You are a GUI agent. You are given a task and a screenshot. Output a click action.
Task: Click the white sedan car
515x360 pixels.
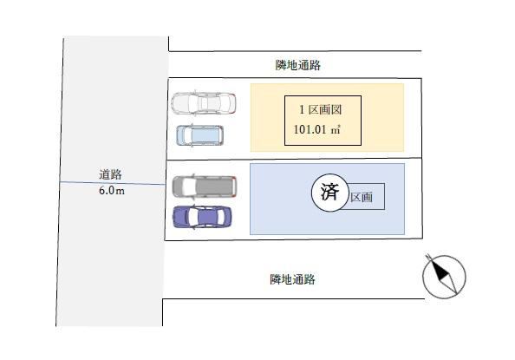coord(203,102)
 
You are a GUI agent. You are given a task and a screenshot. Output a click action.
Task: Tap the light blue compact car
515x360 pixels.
coord(200,135)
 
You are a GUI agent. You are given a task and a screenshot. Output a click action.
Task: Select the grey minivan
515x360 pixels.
coord(205,187)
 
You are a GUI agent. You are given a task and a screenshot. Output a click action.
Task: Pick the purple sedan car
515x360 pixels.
coord(202,217)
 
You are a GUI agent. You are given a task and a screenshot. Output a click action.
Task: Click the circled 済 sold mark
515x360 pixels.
coord(329,193)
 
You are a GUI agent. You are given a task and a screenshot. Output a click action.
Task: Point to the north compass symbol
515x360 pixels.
coord(444,276)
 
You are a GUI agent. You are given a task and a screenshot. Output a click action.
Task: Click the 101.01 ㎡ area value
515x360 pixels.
coord(316,129)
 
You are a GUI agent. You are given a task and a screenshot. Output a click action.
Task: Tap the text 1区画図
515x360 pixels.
coord(320,109)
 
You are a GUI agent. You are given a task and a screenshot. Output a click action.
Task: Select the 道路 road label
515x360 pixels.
coord(110,174)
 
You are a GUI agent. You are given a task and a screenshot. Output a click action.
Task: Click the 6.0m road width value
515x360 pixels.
coord(112,190)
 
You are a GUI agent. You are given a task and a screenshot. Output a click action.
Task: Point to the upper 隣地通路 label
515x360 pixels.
coord(298,65)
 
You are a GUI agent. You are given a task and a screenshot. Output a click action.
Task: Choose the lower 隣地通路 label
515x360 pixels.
coord(293,279)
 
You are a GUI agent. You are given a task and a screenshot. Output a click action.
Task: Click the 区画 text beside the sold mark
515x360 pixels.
coord(362,197)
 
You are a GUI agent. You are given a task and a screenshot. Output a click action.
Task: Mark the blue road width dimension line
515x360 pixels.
coord(113,183)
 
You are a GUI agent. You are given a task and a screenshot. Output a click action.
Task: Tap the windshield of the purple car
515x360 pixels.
coord(192,217)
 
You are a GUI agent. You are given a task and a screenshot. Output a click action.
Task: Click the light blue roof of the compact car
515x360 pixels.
coord(203,135)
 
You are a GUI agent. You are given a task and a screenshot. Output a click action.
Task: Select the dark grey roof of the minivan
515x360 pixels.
coord(213,187)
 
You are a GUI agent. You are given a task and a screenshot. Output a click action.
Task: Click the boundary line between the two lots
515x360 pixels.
coord(294,159)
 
